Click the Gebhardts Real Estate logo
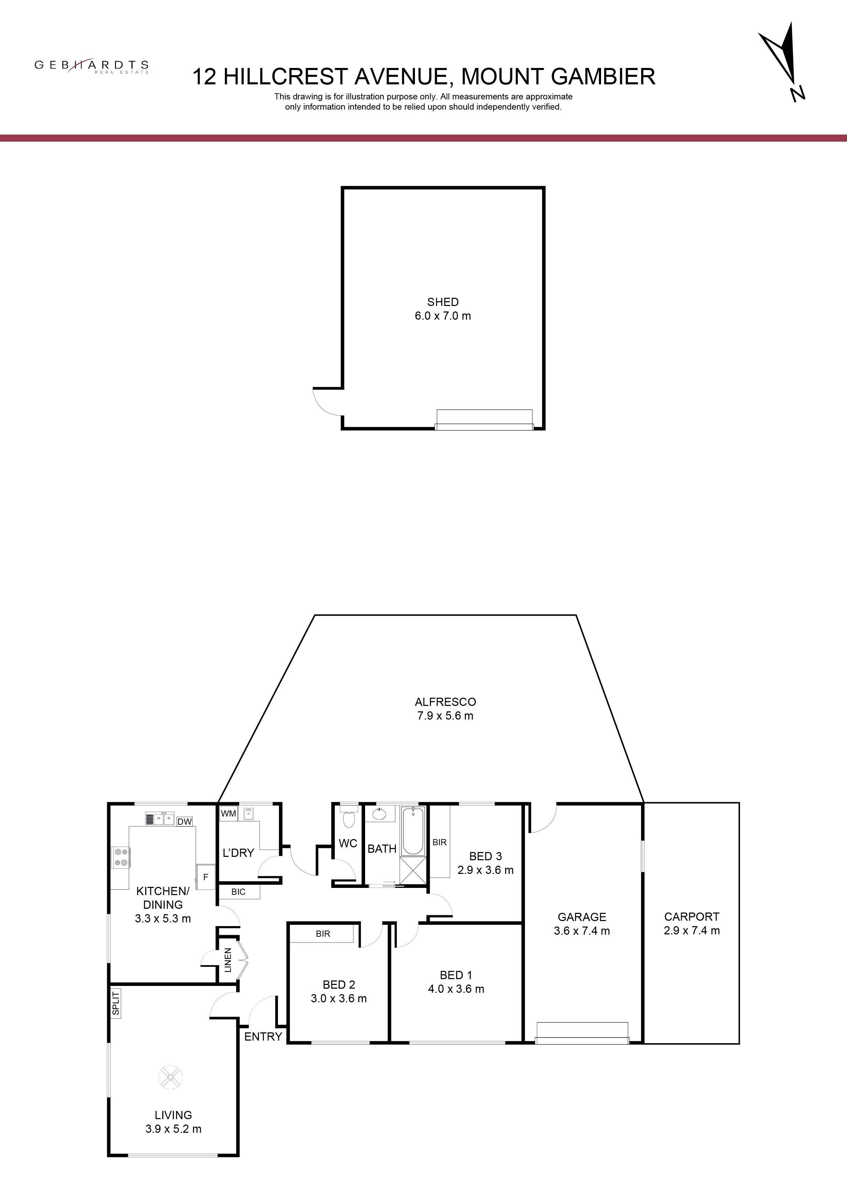(91, 66)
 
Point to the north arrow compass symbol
(782, 61)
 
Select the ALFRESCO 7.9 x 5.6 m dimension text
(445, 715)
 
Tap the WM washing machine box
(228, 813)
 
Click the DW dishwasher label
(184, 822)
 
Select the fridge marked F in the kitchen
(205, 877)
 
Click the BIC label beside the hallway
(238, 892)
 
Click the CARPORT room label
(692, 917)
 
